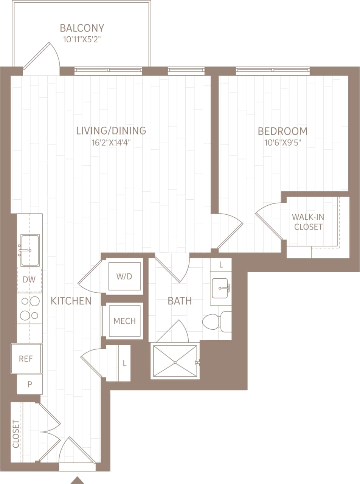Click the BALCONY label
[x=82, y=28]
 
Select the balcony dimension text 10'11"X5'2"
[x=82, y=39]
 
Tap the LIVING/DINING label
[x=111, y=131]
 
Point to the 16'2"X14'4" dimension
[x=111, y=143]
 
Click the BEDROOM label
[x=282, y=131]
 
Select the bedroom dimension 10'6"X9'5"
[x=282, y=143]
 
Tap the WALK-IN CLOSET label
[x=308, y=222]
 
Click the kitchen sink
[x=29, y=250]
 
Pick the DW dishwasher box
[x=29, y=280]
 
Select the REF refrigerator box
[x=26, y=358]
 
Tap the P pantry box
[x=29, y=384]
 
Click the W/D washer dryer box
[x=124, y=276]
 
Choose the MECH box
[x=124, y=321]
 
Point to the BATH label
[x=180, y=301]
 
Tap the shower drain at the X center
[x=175, y=362]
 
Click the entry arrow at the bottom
[x=78, y=481]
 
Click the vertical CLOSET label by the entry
[x=16, y=434]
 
